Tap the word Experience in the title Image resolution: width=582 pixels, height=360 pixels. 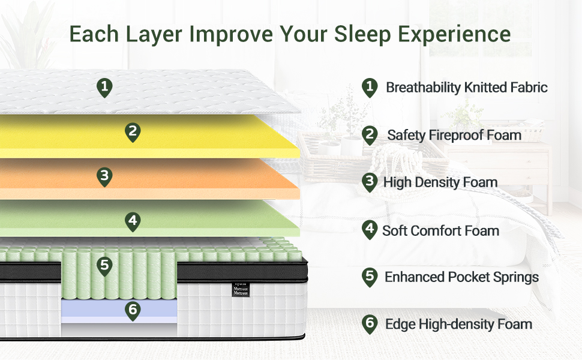coord(454,35)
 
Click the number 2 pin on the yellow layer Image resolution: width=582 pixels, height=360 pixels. coord(133,133)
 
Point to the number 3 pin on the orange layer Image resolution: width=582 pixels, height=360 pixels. coord(104,176)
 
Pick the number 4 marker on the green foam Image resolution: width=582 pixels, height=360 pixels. coord(133,222)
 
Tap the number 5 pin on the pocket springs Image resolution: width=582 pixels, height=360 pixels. coord(104,266)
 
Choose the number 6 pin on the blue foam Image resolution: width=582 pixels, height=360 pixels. coord(133,311)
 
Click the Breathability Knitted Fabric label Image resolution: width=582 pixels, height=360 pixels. coord(467,88)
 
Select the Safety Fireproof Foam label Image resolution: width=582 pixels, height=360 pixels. coord(454,135)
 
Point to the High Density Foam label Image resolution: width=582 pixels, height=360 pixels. coord(440,182)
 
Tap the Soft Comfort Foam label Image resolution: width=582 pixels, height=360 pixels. coord(440,230)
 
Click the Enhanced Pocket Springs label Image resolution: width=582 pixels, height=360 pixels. coord(462,277)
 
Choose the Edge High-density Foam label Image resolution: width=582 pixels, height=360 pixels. coord(459,324)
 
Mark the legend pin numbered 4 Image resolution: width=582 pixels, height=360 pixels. coord(370,230)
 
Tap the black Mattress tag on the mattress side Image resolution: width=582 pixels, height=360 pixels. coord(241,289)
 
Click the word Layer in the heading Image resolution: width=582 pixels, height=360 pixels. coord(154,35)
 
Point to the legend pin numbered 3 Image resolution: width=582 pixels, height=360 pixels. coord(370,182)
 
